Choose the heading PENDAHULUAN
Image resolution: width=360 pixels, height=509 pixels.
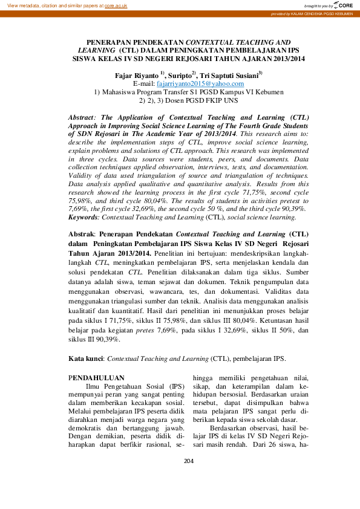tap(97, 378)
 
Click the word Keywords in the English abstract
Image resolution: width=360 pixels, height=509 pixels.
tap(83, 216)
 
